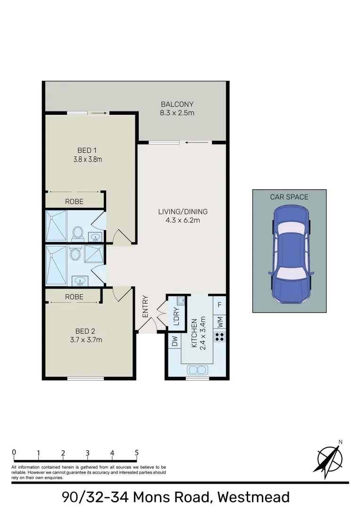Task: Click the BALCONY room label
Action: point(177,104)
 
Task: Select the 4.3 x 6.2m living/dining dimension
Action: point(183,220)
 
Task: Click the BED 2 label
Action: point(85,331)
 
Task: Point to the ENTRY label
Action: point(145,306)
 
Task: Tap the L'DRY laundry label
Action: point(176,316)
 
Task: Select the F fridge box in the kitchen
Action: point(219,305)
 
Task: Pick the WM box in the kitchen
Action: point(219,323)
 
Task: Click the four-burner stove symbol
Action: point(219,337)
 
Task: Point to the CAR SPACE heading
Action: point(289,197)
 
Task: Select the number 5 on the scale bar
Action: point(137,452)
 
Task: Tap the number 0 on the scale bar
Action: point(14,452)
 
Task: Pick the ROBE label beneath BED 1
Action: point(74,202)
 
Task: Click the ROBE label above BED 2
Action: point(74,297)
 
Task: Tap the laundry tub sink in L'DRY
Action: point(180,300)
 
